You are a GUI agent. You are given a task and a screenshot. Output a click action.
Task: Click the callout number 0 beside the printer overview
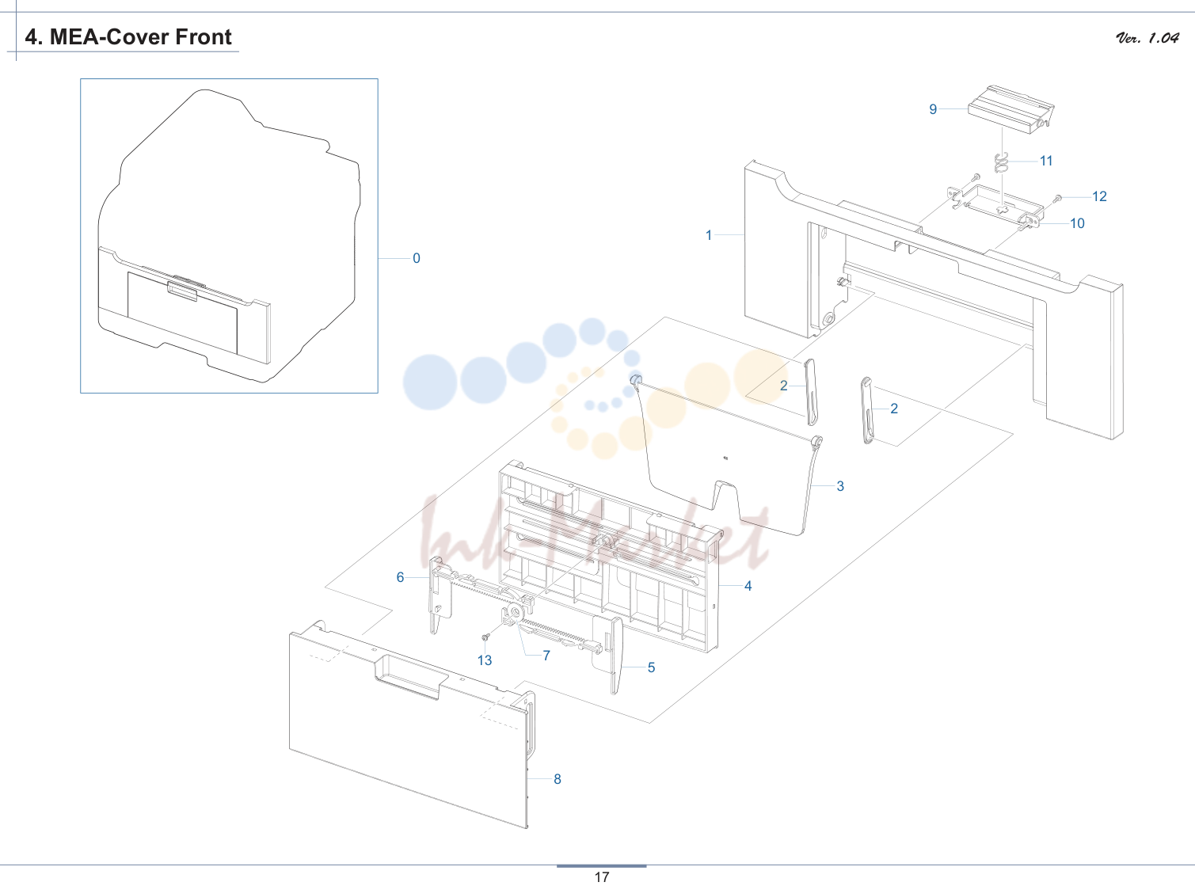click(417, 258)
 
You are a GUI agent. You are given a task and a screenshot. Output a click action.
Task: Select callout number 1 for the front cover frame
click(709, 235)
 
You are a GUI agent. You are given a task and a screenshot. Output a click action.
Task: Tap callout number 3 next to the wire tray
click(840, 486)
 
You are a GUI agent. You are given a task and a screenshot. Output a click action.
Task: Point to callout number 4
click(748, 586)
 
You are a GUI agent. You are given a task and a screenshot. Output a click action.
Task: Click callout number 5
click(652, 667)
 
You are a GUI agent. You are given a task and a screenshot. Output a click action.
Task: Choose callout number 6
click(400, 578)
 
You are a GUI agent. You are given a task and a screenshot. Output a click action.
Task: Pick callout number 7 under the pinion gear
click(546, 656)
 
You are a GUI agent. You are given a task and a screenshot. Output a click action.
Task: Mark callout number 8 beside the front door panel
click(558, 779)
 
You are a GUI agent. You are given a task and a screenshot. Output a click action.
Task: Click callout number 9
click(933, 109)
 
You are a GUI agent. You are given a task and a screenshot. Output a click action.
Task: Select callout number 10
click(1077, 223)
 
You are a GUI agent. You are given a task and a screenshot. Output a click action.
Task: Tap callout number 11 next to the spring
click(1046, 162)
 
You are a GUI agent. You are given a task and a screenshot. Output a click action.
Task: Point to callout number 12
click(1099, 196)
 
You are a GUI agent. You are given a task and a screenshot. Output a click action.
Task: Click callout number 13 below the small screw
click(485, 660)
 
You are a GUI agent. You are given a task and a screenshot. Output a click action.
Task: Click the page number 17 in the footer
click(602, 877)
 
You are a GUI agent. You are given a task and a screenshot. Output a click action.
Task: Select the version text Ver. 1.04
click(1147, 38)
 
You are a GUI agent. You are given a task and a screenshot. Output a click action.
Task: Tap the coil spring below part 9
click(1001, 162)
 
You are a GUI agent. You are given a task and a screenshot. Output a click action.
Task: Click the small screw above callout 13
click(485, 637)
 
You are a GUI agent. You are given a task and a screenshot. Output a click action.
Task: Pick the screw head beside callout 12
click(1058, 198)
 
